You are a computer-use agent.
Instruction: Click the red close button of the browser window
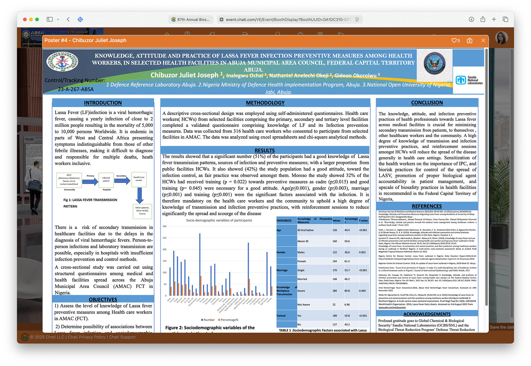25,19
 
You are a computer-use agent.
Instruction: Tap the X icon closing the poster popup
483,40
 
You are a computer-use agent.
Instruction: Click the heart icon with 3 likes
454,40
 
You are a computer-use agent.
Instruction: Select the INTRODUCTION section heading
103,103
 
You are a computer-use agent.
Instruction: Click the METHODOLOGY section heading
265,103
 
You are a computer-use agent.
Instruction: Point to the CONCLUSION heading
427,103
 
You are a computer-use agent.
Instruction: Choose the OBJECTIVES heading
103,300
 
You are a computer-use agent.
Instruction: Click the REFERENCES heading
427,206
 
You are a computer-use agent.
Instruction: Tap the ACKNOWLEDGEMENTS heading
427,314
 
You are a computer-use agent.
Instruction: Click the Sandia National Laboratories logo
469,80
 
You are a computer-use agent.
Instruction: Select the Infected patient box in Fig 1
106,180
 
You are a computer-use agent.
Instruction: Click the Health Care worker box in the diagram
139,179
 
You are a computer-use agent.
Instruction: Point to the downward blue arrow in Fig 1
139,196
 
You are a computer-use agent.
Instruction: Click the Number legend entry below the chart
208,320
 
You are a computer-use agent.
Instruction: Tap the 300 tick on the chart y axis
164,226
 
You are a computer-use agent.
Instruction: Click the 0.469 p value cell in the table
362,291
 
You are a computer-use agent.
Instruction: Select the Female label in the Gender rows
302,261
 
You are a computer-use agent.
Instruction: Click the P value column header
363,221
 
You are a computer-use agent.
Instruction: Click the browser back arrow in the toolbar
68,19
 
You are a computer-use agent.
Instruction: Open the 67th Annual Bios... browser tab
191,19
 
